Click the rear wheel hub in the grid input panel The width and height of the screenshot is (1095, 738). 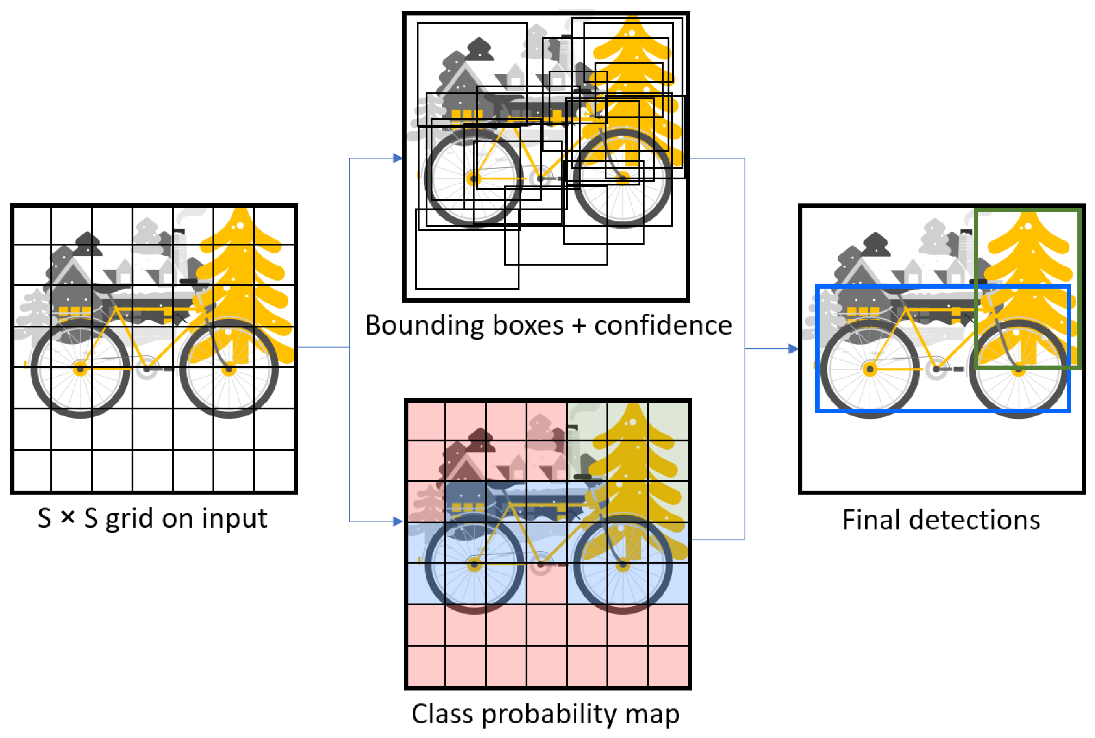[80, 369]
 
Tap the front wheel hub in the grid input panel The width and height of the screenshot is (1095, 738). [229, 369]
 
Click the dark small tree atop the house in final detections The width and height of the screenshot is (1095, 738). [876, 244]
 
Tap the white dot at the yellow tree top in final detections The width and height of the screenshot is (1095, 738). [1028, 227]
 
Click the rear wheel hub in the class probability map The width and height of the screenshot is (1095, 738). [474, 564]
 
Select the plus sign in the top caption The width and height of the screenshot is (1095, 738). [579, 326]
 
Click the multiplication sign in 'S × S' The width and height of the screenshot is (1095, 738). [68, 518]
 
